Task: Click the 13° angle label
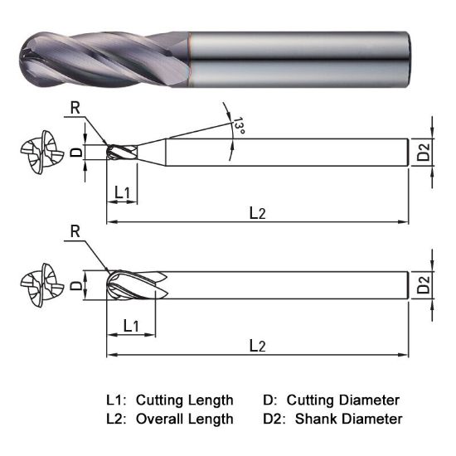point(239,127)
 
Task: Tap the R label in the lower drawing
point(75,232)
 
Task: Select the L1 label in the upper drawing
point(122,192)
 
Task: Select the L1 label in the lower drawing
point(131,325)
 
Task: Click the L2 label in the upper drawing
point(258,213)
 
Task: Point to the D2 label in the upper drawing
point(424,153)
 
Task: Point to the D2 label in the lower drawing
point(424,286)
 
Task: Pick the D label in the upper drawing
point(75,153)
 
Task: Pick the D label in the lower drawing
point(75,285)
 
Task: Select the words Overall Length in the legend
point(184,419)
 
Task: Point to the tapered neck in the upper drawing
point(151,152)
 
